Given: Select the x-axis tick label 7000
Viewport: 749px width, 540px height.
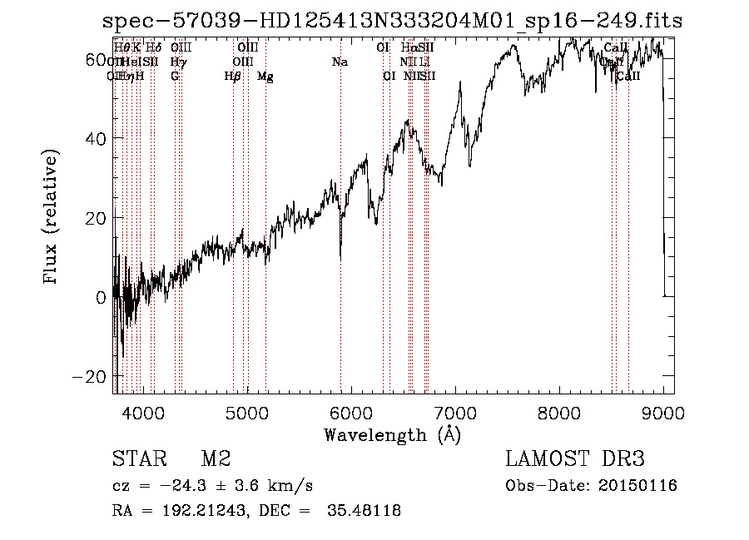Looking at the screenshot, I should tap(455, 413).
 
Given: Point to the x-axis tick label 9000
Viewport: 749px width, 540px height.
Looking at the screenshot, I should tap(663, 413).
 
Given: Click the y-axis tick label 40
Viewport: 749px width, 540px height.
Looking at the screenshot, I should tap(97, 138).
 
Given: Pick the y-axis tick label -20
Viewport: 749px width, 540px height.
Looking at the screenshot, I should tap(91, 376).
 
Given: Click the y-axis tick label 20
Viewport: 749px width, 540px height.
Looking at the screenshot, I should tap(97, 217).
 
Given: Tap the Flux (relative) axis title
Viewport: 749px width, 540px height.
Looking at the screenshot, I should tap(51, 218).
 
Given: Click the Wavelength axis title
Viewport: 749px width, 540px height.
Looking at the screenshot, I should tap(392, 435).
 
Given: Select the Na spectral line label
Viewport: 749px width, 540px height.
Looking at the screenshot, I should tap(340, 62).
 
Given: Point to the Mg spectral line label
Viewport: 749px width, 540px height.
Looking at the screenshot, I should tap(265, 77).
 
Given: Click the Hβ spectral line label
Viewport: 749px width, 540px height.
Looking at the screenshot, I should tap(233, 77).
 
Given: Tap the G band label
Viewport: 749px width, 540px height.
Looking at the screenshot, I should tap(175, 77).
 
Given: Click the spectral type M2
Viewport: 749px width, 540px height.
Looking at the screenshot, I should tap(216, 459).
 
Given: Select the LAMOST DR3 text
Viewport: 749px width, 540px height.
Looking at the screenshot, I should tap(575, 459).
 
